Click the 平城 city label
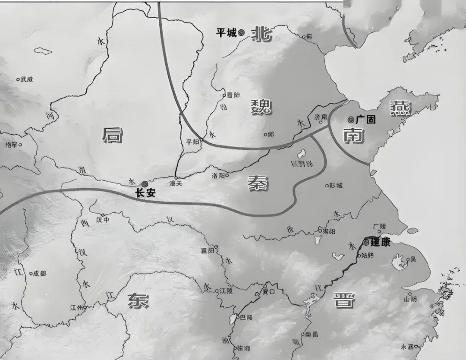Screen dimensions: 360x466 pos(227,33)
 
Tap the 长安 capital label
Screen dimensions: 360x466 pos(145,193)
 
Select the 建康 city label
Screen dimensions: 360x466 pos(381,243)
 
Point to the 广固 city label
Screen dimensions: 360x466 pos(365,120)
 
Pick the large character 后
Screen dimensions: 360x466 pos(112,136)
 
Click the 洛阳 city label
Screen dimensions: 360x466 pos(218,176)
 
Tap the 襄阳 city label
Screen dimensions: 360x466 pos(207,250)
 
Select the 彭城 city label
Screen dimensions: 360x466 pos(336,186)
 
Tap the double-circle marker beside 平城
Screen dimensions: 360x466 pos(241,32)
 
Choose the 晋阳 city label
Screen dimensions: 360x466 pos(233,95)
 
